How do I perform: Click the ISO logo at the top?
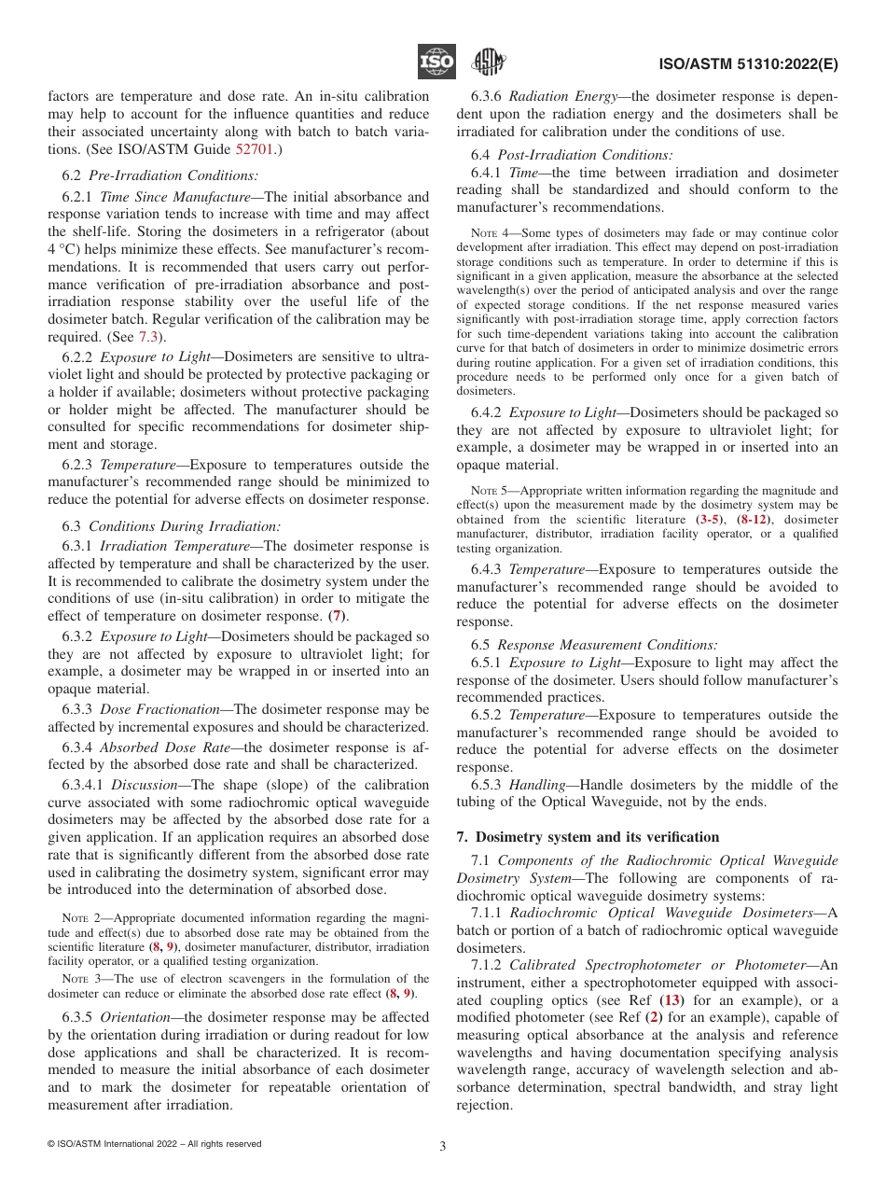tap(436, 63)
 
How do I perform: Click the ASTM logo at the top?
tap(488, 63)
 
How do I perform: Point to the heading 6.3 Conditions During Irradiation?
tap(171, 525)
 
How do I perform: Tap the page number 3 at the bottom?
tap(443, 1146)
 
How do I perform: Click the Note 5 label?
tap(492, 490)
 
